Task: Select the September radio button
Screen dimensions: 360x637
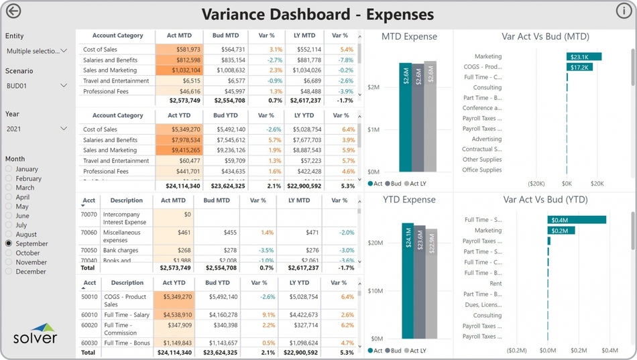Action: tap(9, 244)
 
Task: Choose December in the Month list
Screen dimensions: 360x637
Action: tap(9, 272)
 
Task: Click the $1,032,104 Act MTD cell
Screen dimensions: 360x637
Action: tap(178, 70)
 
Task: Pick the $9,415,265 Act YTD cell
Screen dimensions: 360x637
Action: tap(178, 150)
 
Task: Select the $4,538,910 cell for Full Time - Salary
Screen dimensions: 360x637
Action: tap(177, 314)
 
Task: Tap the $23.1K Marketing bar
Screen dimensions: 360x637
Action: tap(583, 57)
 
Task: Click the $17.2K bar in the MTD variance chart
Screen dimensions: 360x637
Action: tap(579, 67)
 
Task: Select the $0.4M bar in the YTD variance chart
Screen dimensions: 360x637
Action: tap(577, 220)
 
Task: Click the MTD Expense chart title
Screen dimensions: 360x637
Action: tap(409, 37)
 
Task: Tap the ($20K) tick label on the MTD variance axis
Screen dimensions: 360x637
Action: tap(536, 183)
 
